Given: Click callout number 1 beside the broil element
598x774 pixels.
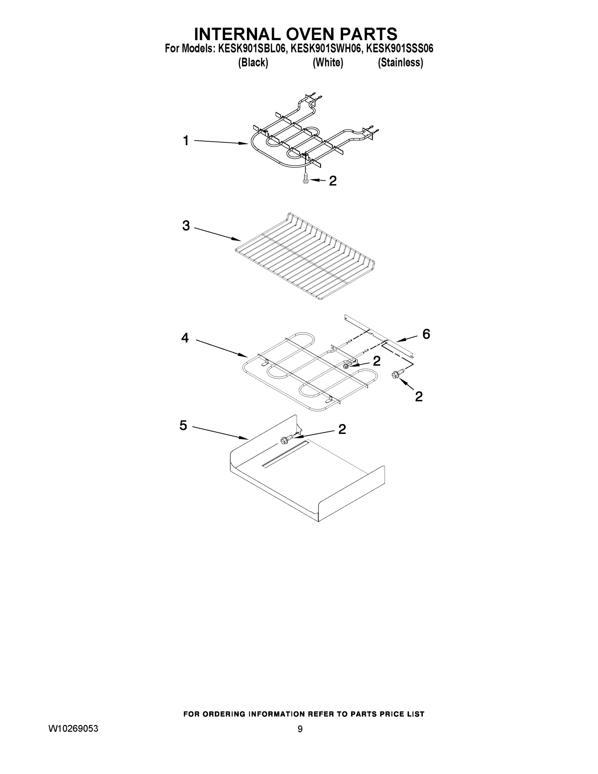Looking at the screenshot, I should (x=186, y=141).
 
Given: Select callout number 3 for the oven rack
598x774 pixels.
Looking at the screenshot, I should (x=186, y=225).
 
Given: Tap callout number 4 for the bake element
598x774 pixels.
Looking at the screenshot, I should (x=185, y=338).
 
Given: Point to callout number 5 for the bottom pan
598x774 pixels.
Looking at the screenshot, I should (x=183, y=425).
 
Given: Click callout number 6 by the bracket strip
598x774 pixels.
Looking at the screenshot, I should (x=426, y=334).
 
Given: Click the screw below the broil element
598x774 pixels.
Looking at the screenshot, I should (x=305, y=179).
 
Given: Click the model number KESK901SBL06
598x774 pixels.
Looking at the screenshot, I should (x=251, y=49).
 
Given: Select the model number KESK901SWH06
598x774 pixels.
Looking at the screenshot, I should (x=327, y=49).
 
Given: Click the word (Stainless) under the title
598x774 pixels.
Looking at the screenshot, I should (x=400, y=63).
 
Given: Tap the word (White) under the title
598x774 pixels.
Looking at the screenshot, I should (x=328, y=63).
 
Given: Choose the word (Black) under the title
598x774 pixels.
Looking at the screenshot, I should (x=253, y=63).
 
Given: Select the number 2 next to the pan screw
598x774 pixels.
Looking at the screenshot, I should (x=342, y=429).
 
